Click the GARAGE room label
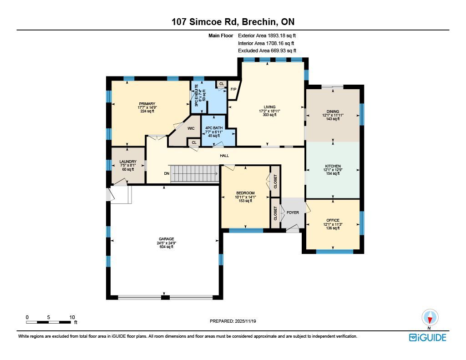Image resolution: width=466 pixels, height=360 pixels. [167, 239]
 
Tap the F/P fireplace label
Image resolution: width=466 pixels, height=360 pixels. [233, 89]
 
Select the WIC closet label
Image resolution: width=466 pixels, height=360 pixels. [191, 128]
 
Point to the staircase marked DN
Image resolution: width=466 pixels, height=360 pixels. [194, 173]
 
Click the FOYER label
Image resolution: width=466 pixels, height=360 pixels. [293, 213]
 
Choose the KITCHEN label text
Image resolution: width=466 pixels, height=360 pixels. [333, 166]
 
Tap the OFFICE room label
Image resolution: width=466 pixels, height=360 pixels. [333, 220]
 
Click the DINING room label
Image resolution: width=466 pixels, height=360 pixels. [333, 112]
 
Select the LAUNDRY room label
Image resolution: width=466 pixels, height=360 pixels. [128, 162]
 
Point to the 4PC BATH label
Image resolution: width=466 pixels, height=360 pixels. [214, 128]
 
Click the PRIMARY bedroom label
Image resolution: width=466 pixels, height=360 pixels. [147, 104]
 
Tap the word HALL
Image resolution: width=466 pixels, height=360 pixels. [224, 156]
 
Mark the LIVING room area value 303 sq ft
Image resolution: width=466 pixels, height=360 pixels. [269, 115]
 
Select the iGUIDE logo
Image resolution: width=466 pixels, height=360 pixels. [428, 338]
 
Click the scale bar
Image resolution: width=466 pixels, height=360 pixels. [48, 322]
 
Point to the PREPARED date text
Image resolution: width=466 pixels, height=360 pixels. [233, 321]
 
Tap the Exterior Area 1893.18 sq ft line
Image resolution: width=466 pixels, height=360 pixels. [267, 35]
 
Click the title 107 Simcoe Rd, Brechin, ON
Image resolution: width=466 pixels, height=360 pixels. [233, 22]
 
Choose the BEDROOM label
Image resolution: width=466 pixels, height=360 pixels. [245, 193]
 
